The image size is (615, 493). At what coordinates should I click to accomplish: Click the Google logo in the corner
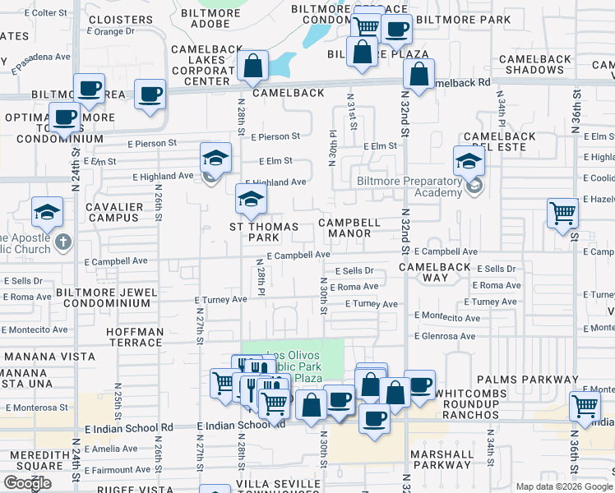[27, 483]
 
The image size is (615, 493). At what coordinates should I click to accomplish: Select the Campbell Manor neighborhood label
[349, 228]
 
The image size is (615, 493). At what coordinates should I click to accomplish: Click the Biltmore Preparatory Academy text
[409, 187]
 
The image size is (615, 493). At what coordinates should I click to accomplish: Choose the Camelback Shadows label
[534, 64]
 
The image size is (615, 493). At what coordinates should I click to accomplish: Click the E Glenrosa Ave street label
[444, 336]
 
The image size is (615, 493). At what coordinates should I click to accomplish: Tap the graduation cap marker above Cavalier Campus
[47, 212]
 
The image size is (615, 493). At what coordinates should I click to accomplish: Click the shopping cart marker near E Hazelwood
[563, 213]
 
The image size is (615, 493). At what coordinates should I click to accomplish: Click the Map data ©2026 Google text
[563, 486]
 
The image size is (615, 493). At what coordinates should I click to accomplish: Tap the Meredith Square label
[32, 460]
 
